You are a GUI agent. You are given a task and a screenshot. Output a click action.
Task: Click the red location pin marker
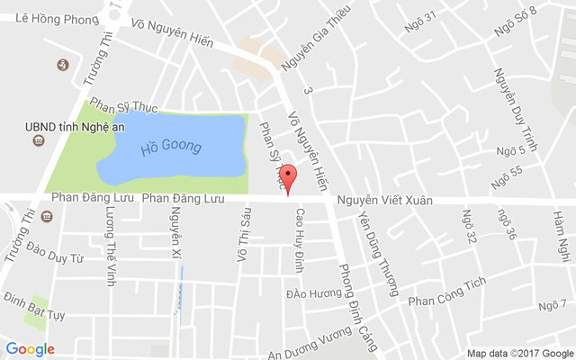288,177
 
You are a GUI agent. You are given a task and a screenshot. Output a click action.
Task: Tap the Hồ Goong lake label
170,146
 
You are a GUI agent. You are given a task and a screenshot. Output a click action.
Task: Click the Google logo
30,349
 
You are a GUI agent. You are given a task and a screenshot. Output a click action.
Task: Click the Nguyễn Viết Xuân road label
384,200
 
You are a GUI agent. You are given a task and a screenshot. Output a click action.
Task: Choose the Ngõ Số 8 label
515,22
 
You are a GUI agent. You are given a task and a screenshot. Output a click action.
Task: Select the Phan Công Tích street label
446,291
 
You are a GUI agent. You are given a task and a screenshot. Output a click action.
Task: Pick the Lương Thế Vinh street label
111,246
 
